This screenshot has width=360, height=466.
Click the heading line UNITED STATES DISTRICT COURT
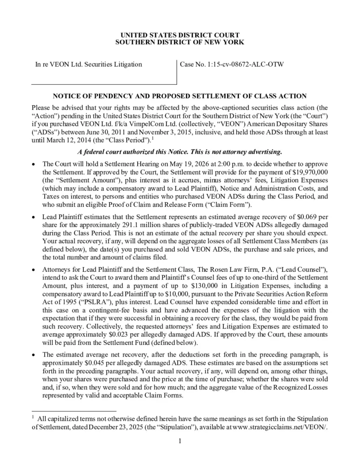click(180, 35)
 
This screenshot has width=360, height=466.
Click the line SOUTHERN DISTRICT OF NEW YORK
click(180, 42)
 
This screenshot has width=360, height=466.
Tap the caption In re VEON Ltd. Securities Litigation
click(89, 64)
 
